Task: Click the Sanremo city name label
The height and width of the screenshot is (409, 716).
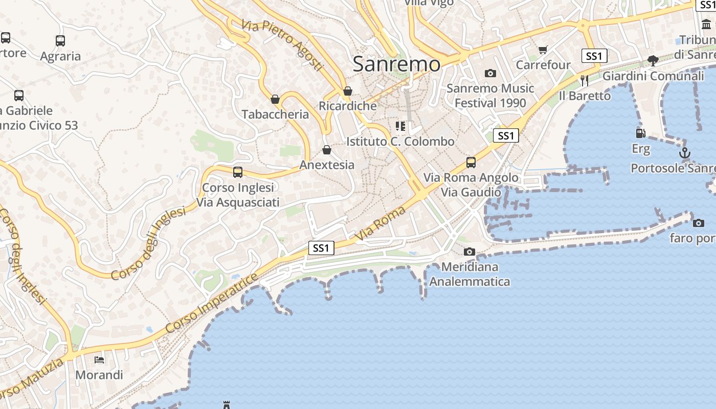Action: pyautogui.click(x=396, y=64)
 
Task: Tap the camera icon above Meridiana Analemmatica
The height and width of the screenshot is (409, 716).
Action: pyautogui.click(x=469, y=252)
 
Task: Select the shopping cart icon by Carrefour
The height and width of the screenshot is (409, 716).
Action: pyautogui.click(x=543, y=50)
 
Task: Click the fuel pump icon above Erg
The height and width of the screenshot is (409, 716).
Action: pyautogui.click(x=640, y=133)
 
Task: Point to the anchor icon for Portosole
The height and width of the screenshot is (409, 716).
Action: pyautogui.click(x=684, y=153)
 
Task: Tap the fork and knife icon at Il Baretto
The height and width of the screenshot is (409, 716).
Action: pyautogui.click(x=585, y=80)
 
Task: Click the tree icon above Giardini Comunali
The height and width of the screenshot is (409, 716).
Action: pyautogui.click(x=653, y=61)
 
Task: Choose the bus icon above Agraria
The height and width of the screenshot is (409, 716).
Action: pyautogui.click(x=60, y=41)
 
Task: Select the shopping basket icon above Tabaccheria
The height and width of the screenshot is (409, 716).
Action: pyautogui.click(x=275, y=99)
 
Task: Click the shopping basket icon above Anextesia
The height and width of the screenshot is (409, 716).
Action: pyautogui.click(x=327, y=150)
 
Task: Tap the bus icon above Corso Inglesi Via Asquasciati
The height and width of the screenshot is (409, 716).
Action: pyautogui.click(x=238, y=172)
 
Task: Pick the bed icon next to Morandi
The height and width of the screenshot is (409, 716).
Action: pyautogui.click(x=99, y=360)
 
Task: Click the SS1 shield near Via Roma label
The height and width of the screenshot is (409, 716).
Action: pyautogui.click(x=321, y=248)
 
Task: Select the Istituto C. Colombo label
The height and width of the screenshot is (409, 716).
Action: pyautogui.click(x=400, y=142)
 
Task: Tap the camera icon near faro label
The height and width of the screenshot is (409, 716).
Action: pyautogui.click(x=699, y=223)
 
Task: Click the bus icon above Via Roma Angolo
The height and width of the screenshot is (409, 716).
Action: pyautogui.click(x=471, y=163)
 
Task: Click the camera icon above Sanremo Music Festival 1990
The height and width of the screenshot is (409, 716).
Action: pyautogui.click(x=490, y=73)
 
